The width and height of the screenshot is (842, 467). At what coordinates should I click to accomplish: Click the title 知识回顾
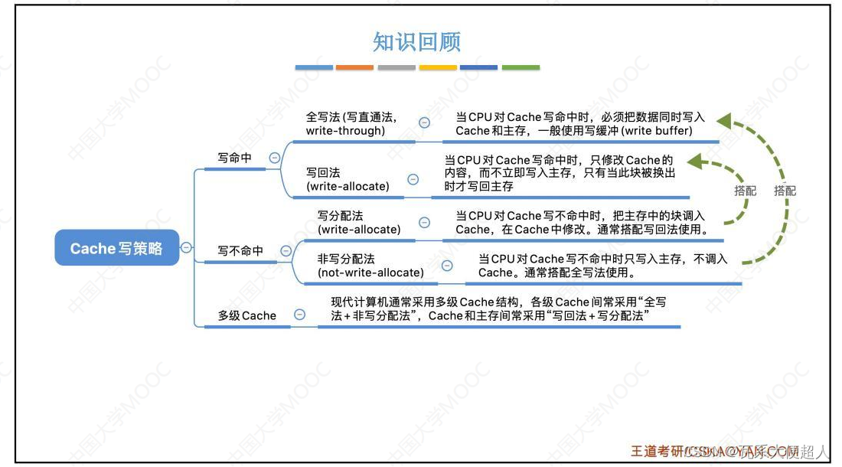tap(417, 41)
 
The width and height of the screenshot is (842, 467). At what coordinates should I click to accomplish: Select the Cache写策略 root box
tap(116, 248)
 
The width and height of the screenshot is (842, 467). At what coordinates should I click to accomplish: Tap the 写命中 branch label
tap(234, 158)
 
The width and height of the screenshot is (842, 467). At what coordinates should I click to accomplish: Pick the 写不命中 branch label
tap(240, 250)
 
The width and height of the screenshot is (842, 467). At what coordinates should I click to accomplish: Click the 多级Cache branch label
tap(246, 315)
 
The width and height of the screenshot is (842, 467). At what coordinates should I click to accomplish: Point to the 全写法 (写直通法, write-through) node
tap(351, 124)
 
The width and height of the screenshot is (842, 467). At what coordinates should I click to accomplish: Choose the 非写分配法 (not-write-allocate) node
tap(370, 266)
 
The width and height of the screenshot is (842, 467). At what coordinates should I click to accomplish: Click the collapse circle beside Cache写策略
tap(186, 247)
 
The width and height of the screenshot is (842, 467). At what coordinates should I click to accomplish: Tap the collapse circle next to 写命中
tap(274, 158)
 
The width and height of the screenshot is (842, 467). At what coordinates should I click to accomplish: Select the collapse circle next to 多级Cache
tap(300, 314)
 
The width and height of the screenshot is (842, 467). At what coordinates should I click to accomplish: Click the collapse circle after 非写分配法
tap(447, 266)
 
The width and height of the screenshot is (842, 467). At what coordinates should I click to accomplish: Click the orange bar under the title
tap(354, 67)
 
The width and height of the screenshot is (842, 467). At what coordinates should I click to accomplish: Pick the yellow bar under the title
tap(438, 67)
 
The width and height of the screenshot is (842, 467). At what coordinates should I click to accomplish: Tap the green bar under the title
tap(521, 67)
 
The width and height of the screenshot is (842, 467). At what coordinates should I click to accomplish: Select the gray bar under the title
tap(397, 67)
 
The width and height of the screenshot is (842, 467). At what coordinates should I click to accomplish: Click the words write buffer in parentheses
tap(656, 131)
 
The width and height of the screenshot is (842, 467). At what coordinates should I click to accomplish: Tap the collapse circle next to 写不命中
tap(286, 250)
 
